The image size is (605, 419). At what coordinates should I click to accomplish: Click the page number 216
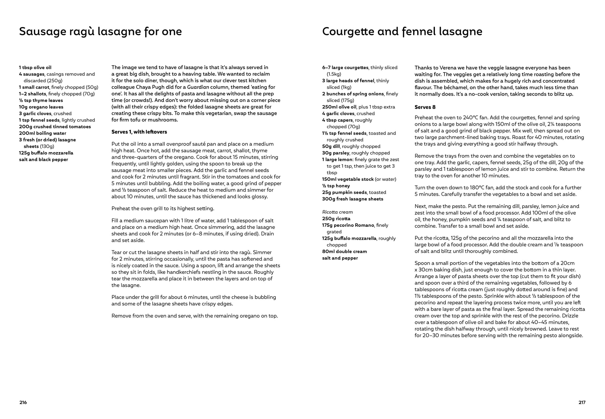23,403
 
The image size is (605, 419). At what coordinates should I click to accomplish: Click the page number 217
582,403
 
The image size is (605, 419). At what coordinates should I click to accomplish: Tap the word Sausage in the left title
41,32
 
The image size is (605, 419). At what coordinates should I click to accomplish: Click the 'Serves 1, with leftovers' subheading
139,132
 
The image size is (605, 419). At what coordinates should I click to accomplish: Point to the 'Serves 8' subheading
425,107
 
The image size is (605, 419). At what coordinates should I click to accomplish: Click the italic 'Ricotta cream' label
337,212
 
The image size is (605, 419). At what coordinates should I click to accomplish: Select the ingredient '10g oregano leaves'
41,107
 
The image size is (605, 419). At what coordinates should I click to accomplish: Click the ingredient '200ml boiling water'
43,133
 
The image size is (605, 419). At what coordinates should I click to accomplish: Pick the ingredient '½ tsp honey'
336,186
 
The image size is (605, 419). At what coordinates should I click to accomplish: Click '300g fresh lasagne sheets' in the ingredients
353,199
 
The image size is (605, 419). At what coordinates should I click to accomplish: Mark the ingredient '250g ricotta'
336,219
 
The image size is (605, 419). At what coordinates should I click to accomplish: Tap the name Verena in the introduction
446,68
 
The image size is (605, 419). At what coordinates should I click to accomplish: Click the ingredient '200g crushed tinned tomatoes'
55,127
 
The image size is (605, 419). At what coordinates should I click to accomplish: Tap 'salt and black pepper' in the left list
43,160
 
